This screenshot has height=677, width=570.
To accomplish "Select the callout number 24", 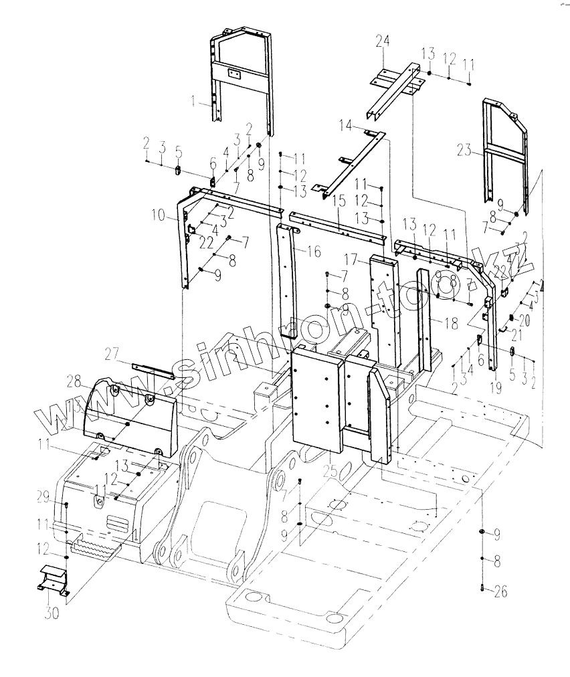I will [x=382, y=43].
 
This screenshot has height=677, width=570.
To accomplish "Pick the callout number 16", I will [x=315, y=252].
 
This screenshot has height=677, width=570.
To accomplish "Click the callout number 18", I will [x=451, y=323].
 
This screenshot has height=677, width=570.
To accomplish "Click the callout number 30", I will [x=52, y=613].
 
